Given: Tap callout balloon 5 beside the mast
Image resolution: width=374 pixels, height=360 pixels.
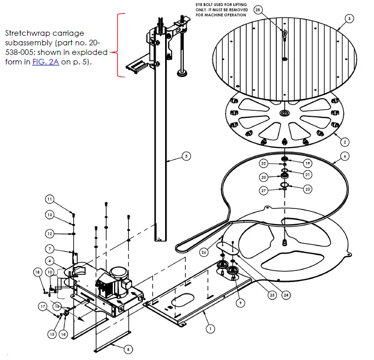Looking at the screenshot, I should click(186, 157).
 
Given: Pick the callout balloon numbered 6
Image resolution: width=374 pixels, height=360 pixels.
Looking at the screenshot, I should click(345, 157).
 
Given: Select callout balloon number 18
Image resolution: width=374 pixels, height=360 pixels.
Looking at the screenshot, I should click(37, 272).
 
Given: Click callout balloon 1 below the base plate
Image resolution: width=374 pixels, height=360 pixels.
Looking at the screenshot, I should click(210, 328).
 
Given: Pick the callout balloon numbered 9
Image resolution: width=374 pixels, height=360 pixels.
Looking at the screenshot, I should click(241, 302).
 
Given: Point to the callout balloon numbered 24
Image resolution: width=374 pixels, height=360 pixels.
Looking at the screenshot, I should click(286, 295).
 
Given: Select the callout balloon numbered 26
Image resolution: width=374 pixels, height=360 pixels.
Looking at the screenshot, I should click(203, 252).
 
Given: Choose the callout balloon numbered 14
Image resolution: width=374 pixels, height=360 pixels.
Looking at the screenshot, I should click(63, 334).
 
